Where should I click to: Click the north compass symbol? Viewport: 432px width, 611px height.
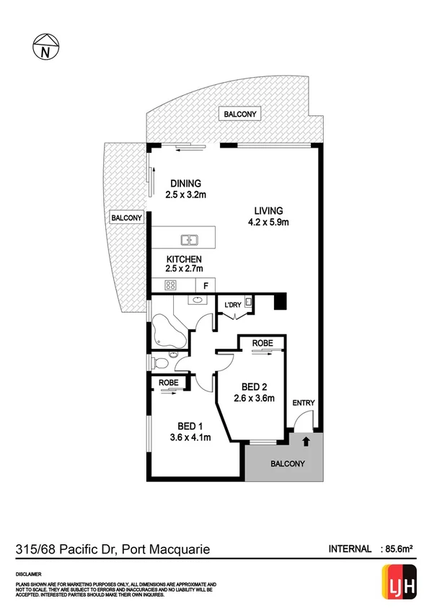pos(46,48)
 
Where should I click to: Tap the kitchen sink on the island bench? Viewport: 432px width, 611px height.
pos(190,240)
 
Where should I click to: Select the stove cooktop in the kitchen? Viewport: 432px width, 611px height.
pos(172,285)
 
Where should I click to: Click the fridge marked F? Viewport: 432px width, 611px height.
pos(206,285)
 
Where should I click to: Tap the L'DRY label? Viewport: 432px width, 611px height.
pos(232,305)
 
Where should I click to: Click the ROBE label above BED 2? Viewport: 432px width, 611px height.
pos(263,343)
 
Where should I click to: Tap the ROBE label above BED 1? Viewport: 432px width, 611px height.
pos(169,383)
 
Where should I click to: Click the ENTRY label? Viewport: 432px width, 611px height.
pos(303,403)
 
